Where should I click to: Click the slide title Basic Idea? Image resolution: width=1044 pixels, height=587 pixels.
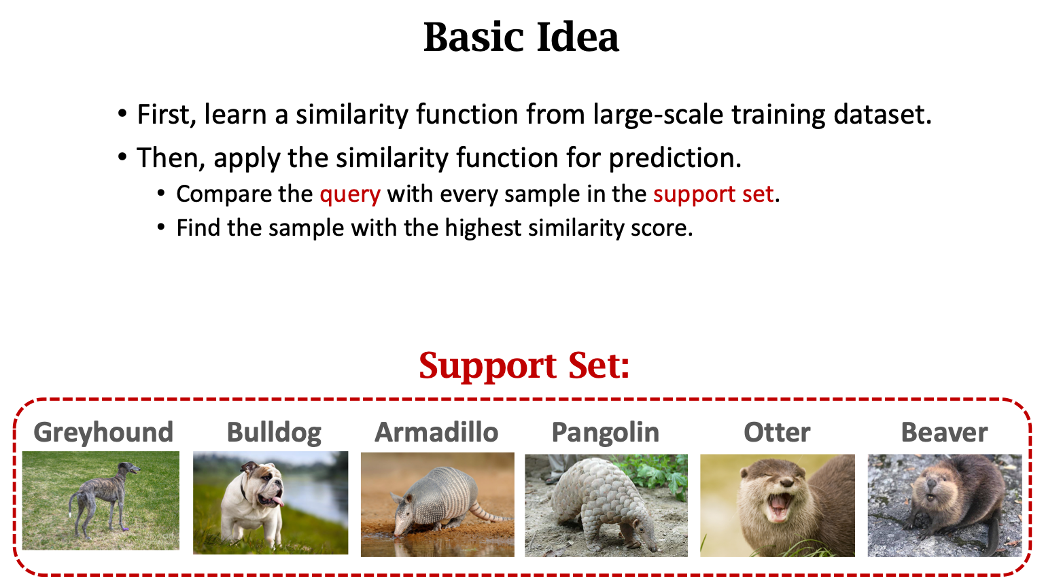[521, 37]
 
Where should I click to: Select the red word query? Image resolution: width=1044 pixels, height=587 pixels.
[350, 194]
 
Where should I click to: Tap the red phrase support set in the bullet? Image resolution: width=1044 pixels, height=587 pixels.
[713, 194]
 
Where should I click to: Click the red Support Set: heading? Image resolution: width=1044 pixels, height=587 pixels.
[524, 366]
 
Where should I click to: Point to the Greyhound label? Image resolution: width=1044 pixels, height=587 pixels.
[103, 433]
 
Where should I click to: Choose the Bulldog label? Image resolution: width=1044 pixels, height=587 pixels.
[274, 433]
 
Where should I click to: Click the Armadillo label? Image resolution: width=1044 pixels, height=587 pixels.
[436, 432]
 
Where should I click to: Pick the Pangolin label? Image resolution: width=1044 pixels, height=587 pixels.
[606, 433]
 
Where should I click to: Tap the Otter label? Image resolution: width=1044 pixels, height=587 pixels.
[777, 432]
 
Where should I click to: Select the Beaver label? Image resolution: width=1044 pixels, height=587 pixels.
[944, 432]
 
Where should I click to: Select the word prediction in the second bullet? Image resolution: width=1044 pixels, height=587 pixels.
[675, 158]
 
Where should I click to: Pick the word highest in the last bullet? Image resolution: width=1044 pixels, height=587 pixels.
[483, 228]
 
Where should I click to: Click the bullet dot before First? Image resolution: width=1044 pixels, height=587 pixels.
[122, 113]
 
